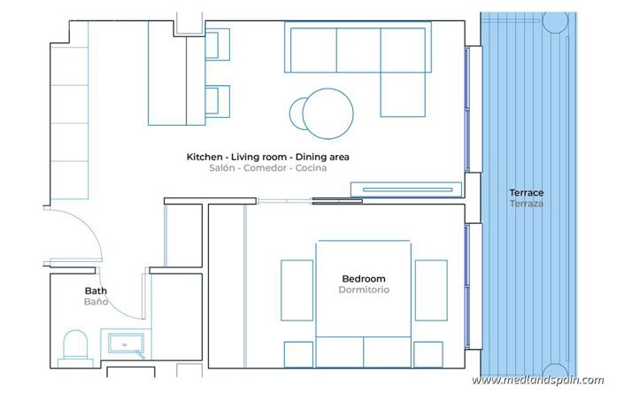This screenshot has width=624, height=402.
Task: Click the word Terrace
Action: click(x=526, y=192)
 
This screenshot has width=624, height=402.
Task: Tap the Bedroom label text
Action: click(x=363, y=278)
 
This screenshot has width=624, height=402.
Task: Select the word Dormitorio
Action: click(x=363, y=290)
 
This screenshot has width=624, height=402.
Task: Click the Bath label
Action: click(x=96, y=290)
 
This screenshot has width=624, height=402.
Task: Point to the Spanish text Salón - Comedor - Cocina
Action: click(x=268, y=167)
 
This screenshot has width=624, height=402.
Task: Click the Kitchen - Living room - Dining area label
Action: click(x=268, y=157)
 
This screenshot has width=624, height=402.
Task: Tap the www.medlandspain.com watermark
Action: click(x=538, y=380)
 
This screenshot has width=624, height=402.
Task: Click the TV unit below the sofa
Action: click(x=406, y=188)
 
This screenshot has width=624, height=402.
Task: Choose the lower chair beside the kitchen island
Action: click(x=218, y=99)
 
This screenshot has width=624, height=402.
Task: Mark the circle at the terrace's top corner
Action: click(x=555, y=20)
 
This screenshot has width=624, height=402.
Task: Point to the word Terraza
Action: click(x=526, y=204)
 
